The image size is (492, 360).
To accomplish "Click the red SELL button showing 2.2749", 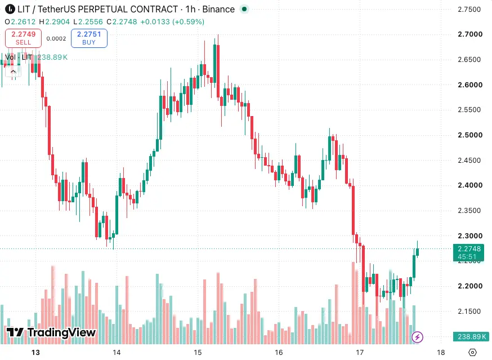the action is [x=23, y=38].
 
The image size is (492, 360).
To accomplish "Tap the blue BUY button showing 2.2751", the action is [x=89, y=38].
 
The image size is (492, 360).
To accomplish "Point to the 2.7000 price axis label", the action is [x=470, y=34].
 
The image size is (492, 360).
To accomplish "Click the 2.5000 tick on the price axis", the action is [x=470, y=135].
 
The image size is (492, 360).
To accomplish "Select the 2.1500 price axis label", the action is [x=469, y=312].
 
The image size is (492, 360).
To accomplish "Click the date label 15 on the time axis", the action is [x=198, y=353].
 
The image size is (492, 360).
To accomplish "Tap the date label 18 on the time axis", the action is [x=441, y=353].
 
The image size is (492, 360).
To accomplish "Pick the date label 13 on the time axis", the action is [x=36, y=353].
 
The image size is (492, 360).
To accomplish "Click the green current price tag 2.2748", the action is [x=469, y=252].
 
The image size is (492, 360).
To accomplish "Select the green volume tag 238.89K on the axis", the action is [x=471, y=337].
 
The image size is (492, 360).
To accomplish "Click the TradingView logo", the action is [x=51, y=332].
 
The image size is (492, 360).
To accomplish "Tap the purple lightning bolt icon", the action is [x=417, y=337].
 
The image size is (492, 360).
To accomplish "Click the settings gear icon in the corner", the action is [x=472, y=353].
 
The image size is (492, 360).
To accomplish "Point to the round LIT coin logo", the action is [x=10, y=9].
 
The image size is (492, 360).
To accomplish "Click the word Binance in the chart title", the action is [x=218, y=10].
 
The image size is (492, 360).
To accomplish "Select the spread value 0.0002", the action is [x=56, y=39].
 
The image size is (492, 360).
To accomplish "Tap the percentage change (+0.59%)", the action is [x=188, y=21].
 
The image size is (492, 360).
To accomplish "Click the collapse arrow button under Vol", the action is [x=13, y=72].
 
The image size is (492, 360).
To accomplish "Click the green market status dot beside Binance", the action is [x=244, y=9].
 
